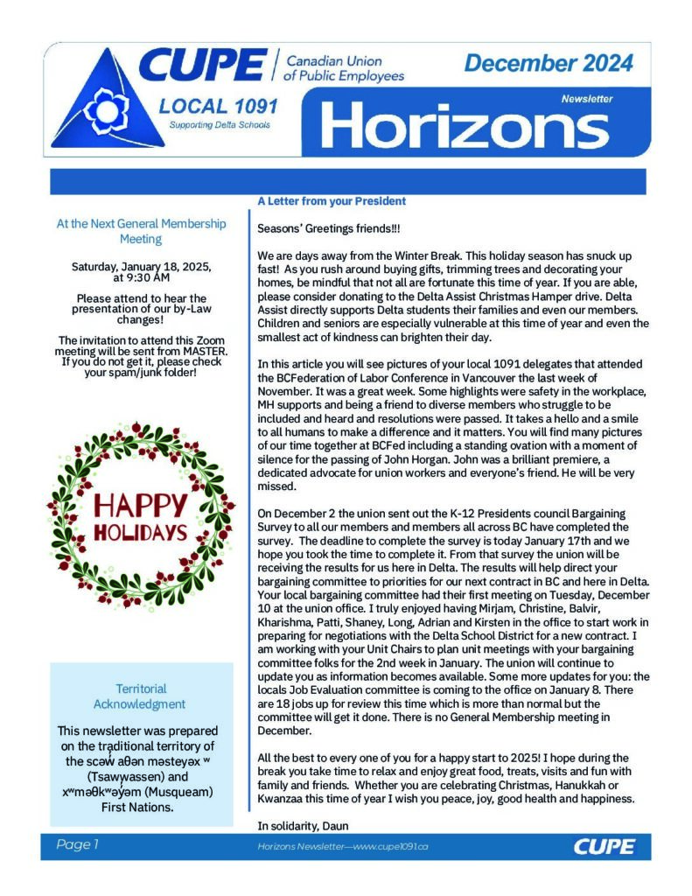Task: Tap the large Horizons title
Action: [465, 124]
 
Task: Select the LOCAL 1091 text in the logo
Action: [219, 107]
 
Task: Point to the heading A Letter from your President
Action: [332, 201]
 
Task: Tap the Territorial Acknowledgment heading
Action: [140, 696]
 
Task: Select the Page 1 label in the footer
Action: [78, 844]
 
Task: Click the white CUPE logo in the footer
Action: [599, 846]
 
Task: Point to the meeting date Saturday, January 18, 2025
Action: [141, 266]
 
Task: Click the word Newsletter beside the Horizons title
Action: [587, 98]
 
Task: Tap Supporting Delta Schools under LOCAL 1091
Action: [220, 125]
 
